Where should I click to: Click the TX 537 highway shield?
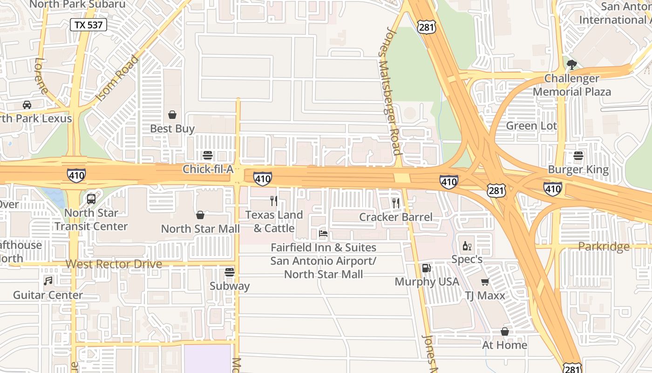click(x=88, y=25)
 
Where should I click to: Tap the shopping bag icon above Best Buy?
click(x=172, y=115)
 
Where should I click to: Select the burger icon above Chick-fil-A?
click(x=208, y=155)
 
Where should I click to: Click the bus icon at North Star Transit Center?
click(x=91, y=199)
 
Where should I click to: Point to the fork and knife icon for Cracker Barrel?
click(x=396, y=203)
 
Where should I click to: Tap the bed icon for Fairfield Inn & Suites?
click(x=323, y=234)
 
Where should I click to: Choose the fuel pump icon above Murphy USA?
click(x=426, y=268)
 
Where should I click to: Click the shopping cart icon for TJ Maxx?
click(x=485, y=282)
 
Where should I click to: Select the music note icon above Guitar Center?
click(x=48, y=281)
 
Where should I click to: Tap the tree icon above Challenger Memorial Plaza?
click(x=571, y=64)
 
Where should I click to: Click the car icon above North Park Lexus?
click(x=27, y=105)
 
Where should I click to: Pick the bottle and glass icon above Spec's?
click(x=467, y=246)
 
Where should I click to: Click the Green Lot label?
click(x=531, y=126)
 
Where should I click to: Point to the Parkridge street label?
click(x=604, y=246)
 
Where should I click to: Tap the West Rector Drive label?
click(x=114, y=264)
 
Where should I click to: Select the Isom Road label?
click(x=117, y=79)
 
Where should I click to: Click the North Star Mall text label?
click(x=200, y=229)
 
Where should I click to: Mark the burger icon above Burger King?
click(x=578, y=156)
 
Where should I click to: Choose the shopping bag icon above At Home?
click(x=504, y=332)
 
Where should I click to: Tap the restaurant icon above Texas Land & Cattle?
click(x=274, y=201)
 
